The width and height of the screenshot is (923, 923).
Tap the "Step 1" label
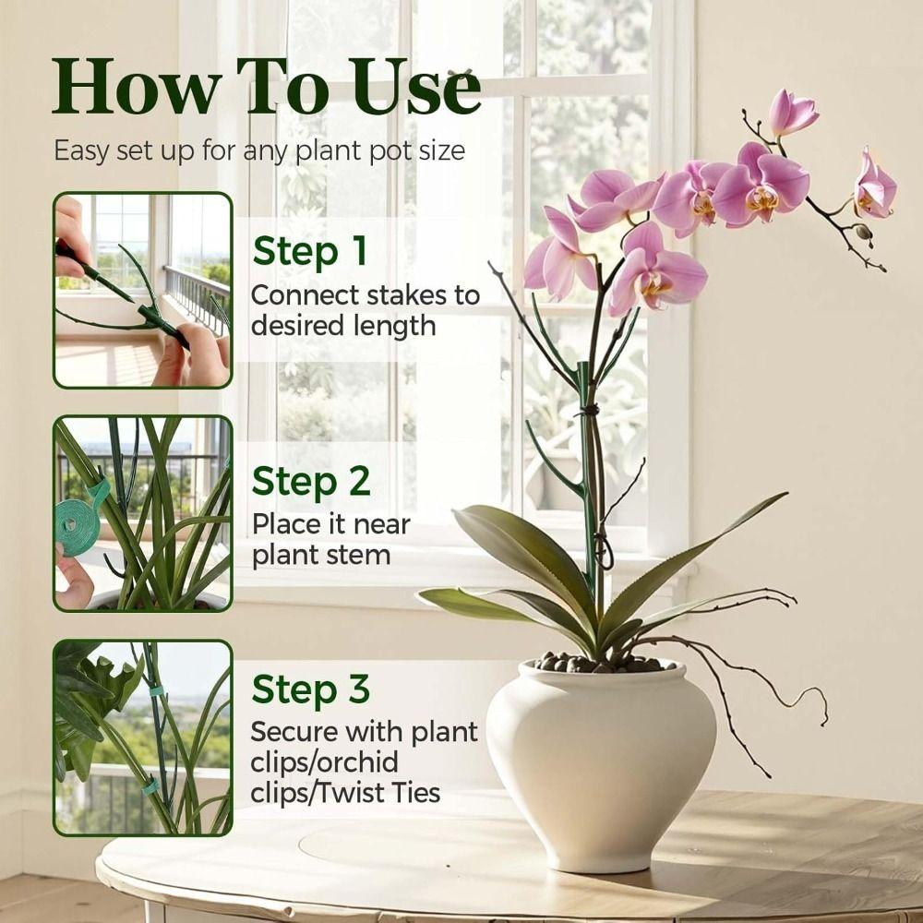[x=310, y=251]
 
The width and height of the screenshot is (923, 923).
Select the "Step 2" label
[x=311, y=481]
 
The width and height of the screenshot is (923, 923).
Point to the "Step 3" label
[x=311, y=689]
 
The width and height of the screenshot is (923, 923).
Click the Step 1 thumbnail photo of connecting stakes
[x=143, y=290]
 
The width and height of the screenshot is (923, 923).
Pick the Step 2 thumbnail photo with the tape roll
[x=143, y=513]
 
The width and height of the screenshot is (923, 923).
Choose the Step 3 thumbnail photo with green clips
[x=143, y=737]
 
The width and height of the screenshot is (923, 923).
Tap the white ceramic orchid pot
[x=600, y=757]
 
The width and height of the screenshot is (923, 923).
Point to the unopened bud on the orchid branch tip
[x=864, y=232]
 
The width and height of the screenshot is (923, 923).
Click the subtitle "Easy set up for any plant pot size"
[x=258, y=150]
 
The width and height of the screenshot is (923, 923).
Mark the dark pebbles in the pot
[x=600, y=663]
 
